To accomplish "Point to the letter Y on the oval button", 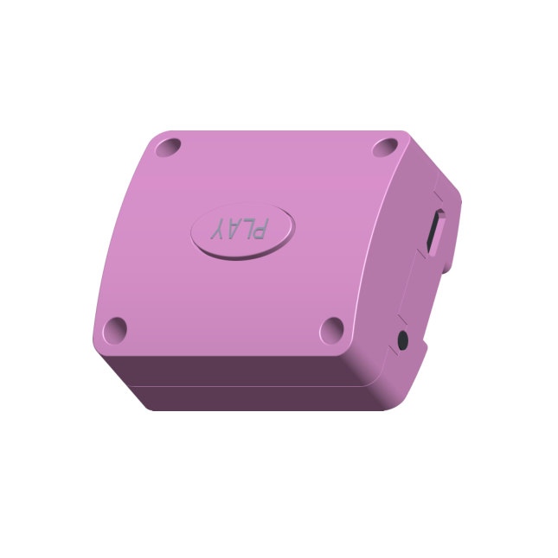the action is pos(218,228).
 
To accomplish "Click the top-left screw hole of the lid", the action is pos(168,148).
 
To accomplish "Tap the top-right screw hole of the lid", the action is pos(385,148).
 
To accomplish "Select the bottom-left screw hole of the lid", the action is pos(115,331).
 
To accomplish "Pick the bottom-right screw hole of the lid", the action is pos(331,331).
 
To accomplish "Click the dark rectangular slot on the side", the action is pos(433,231).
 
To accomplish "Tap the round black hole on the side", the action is pos(403,340).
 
